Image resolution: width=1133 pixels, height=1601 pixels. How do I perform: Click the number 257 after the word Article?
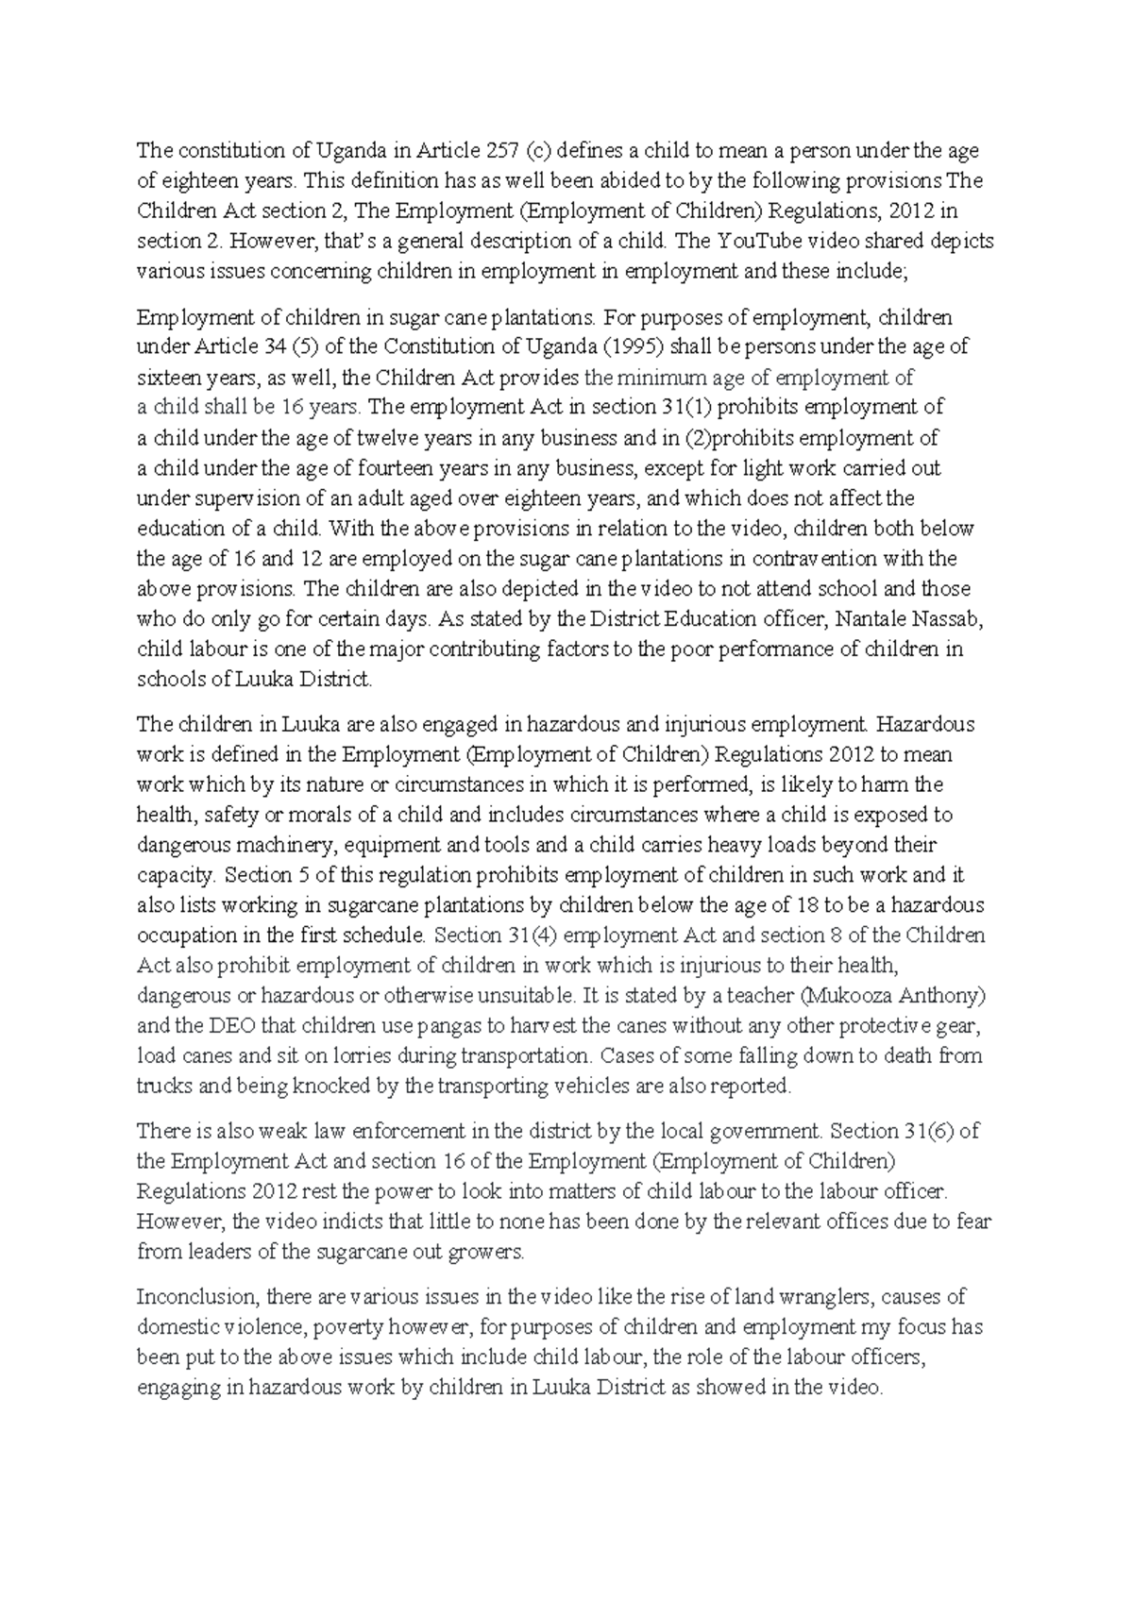pos(503,150)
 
